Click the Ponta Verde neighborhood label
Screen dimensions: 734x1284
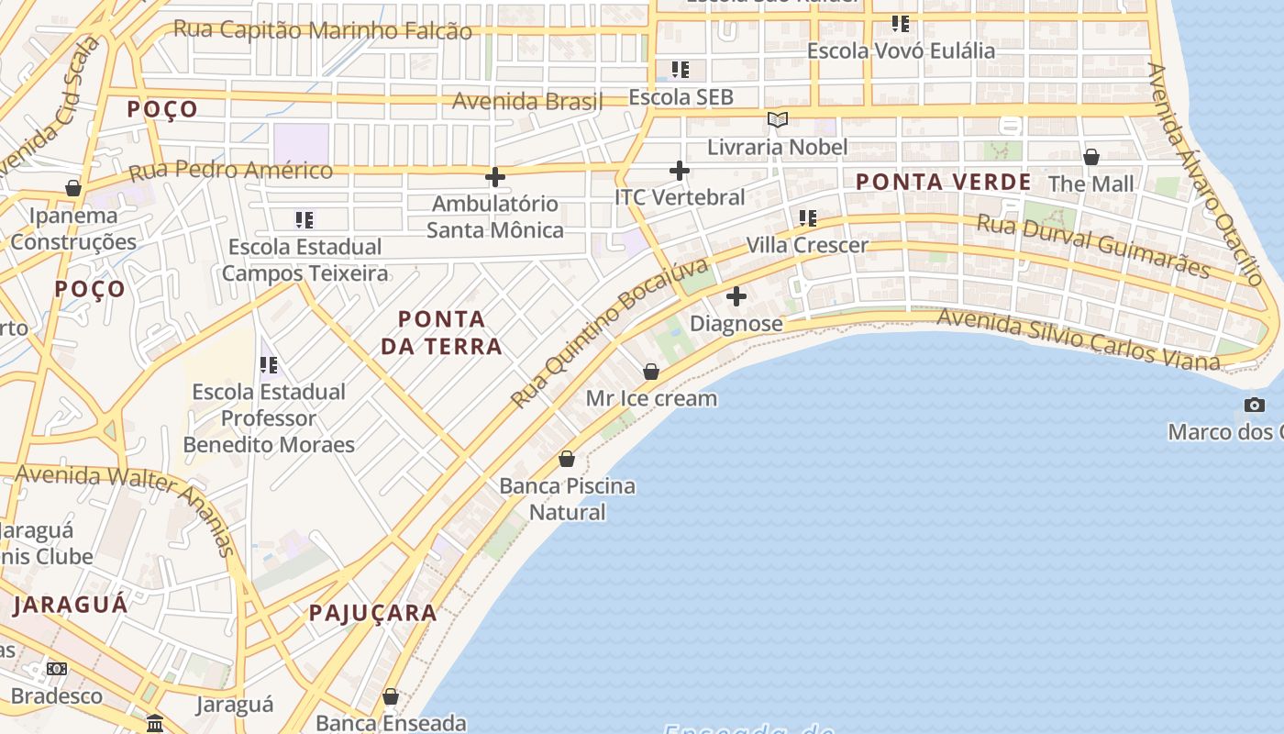pyautogui.click(x=943, y=182)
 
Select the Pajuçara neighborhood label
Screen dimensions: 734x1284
pyautogui.click(x=372, y=613)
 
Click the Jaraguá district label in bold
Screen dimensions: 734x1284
pyautogui.click(x=71, y=605)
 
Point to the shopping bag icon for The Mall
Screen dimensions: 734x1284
pyautogui.click(x=1090, y=157)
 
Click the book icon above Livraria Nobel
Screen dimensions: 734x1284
pyautogui.click(x=777, y=119)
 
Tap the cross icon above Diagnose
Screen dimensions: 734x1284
pyautogui.click(x=736, y=296)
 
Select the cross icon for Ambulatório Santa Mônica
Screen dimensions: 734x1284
pyautogui.click(x=495, y=176)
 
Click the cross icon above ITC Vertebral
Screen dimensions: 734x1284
pyautogui.click(x=679, y=170)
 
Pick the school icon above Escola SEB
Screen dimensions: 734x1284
pyautogui.click(x=680, y=69)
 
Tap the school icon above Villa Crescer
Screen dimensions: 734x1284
pyautogui.click(x=807, y=217)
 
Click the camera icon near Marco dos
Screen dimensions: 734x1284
pyautogui.click(x=1254, y=405)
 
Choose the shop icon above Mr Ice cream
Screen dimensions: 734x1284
pyautogui.click(x=650, y=372)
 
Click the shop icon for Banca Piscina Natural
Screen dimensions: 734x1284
pyautogui.click(x=567, y=459)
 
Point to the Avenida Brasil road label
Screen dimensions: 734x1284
pyautogui.click(x=527, y=101)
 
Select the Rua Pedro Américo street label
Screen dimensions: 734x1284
pyautogui.click(x=230, y=171)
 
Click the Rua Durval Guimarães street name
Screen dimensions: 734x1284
pyautogui.click(x=1092, y=245)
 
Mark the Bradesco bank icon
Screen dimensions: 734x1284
pyautogui.click(x=57, y=669)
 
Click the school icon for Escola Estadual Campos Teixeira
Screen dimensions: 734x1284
pyautogui.click(x=304, y=219)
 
